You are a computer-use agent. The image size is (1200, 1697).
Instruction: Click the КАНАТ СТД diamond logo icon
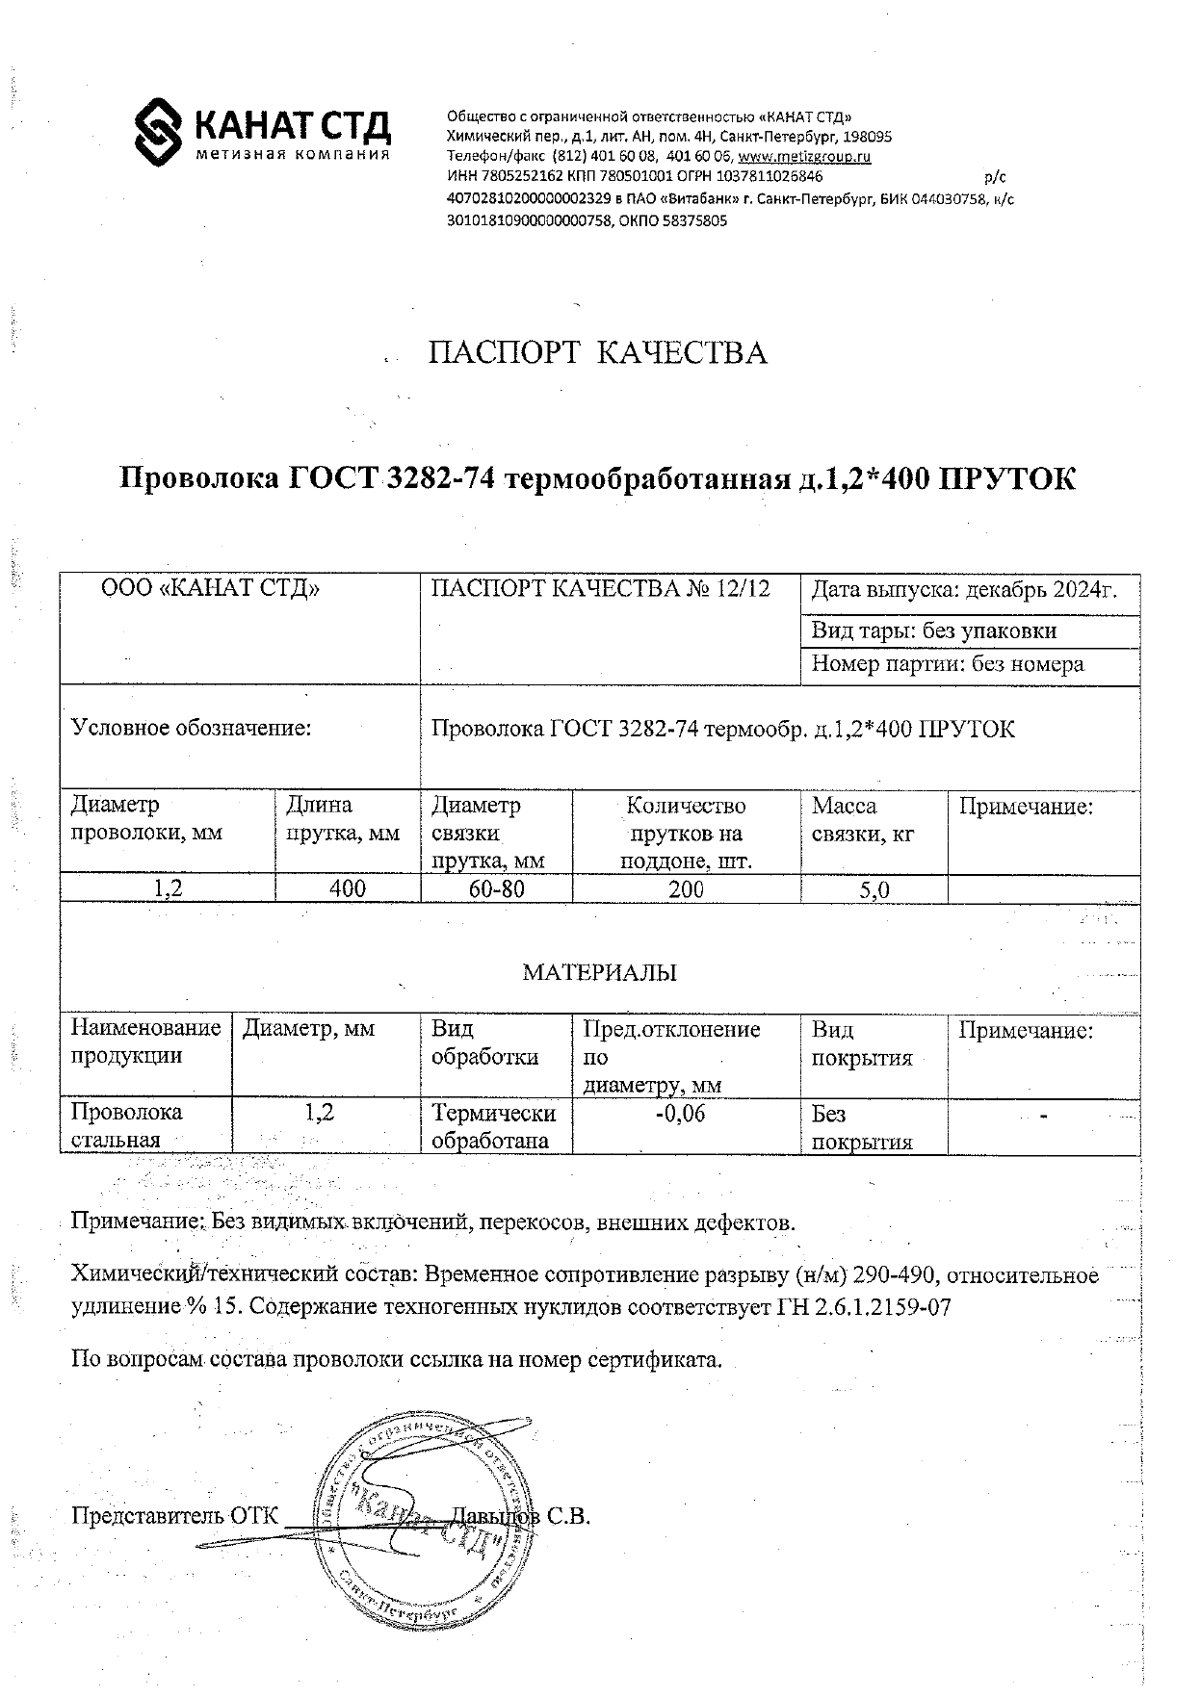click(x=158, y=131)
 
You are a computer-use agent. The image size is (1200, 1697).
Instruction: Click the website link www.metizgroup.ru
click(x=804, y=156)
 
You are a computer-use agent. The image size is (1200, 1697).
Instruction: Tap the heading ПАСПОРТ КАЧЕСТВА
click(x=597, y=353)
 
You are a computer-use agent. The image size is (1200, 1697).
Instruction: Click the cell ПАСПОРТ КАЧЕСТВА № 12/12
click(x=600, y=589)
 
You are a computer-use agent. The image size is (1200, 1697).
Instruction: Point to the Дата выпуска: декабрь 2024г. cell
click(x=964, y=590)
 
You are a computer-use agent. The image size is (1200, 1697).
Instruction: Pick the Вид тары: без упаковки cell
click(x=933, y=630)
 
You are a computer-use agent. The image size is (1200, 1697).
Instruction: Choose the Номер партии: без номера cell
click(x=947, y=664)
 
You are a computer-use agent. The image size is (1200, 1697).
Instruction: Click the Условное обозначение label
click(x=192, y=728)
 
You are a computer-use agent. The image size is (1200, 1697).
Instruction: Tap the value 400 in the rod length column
click(x=347, y=888)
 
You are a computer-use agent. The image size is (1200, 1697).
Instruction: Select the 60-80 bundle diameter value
click(x=496, y=888)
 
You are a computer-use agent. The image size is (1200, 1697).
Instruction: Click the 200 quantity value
click(x=686, y=888)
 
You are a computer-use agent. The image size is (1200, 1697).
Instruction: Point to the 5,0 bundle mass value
click(x=874, y=889)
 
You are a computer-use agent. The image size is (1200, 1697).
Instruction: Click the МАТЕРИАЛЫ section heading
click(x=599, y=972)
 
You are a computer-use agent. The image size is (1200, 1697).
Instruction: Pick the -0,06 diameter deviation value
click(x=679, y=1114)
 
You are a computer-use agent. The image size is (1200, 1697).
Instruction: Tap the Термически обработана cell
click(x=493, y=1127)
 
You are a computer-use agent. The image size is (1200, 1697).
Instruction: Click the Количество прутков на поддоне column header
click(x=686, y=833)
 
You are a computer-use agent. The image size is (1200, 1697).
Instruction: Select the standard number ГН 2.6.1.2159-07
click(x=873, y=1308)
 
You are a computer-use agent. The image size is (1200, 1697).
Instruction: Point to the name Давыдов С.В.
click(x=520, y=1516)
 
